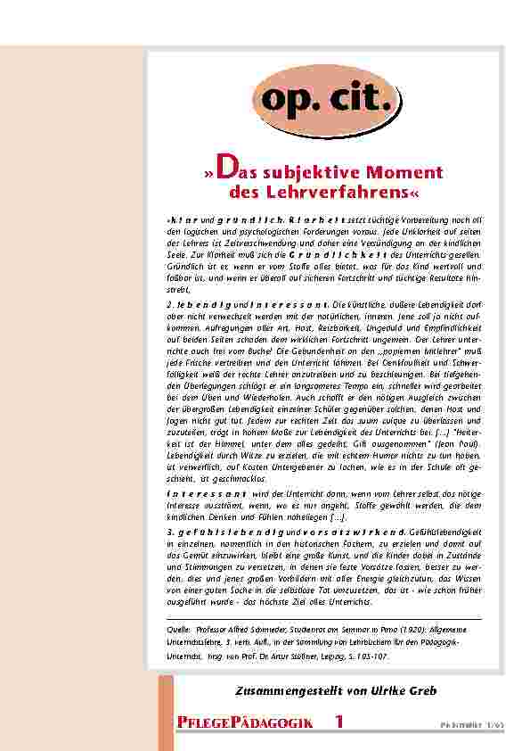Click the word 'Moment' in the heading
(x=406, y=170)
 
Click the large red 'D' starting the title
(x=227, y=168)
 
